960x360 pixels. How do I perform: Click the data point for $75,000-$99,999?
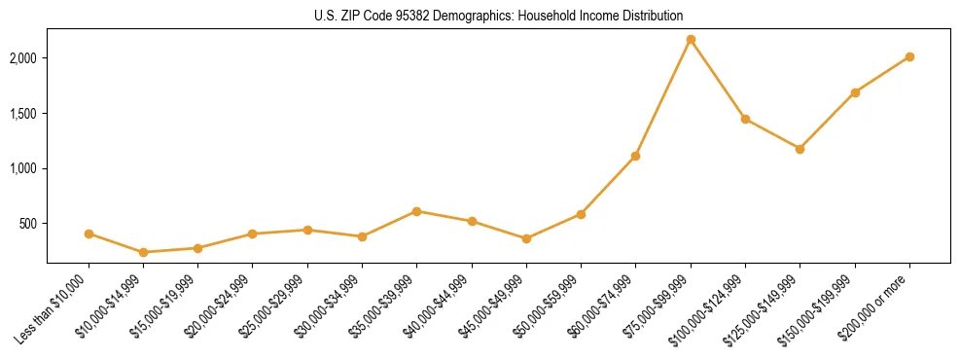coord(691,40)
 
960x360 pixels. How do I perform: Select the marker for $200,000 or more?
coord(909,56)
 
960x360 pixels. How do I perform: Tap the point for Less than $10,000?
coord(89,234)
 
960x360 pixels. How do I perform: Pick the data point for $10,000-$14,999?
coord(143,252)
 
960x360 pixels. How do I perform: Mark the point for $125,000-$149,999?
coord(800,149)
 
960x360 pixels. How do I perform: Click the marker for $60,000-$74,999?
coord(636,156)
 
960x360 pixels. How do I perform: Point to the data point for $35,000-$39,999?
coord(417,211)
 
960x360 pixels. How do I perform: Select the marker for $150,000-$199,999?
coord(855,92)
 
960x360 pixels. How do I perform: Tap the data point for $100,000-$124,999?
coord(745,119)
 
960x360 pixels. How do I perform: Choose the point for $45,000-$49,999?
coord(526,238)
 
